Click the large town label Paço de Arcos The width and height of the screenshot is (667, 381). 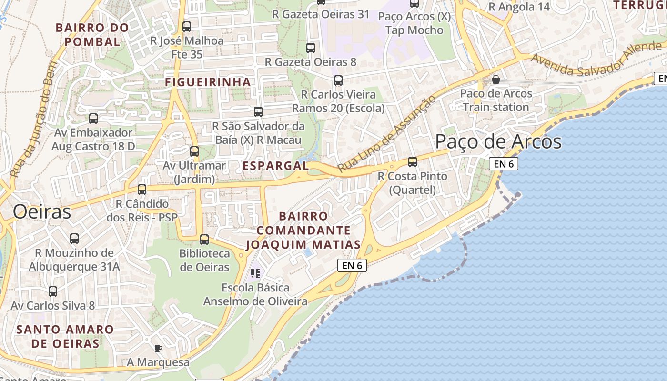pyautogui.click(x=498, y=142)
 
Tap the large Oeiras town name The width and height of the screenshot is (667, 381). pyautogui.click(x=42, y=211)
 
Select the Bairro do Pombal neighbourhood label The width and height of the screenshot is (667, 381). pyautogui.click(x=92, y=35)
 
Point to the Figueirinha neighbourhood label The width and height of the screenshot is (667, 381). pyautogui.click(x=208, y=82)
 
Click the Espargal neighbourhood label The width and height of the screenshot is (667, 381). pyautogui.click(x=276, y=166)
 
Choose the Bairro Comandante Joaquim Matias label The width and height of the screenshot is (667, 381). pyautogui.click(x=303, y=231)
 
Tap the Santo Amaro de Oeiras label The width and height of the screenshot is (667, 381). pyautogui.click(x=65, y=336)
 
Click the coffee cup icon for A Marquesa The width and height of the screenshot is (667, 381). pyautogui.click(x=158, y=348)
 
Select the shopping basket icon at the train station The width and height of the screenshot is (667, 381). pyautogui.click(x=496, y=79)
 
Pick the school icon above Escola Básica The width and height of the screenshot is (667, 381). pyautogui.click(x=255, y=273)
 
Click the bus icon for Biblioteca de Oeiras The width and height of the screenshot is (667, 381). pyautogui.click(x=204, y=239)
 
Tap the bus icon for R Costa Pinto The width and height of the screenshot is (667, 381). pyautogui.click(x=413, y=162)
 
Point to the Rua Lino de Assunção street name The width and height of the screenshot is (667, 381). pyautogui.click(x=386, y=134)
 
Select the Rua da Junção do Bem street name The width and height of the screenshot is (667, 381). pyautogui.click(x=33, y=126)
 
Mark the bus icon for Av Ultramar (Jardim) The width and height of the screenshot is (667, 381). pyautogui.click(x=194, y=151)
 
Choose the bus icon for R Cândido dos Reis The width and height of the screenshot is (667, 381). pyautogui.click(x=142, y=189)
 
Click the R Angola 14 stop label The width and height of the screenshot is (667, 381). pyautogui.click(x=519, y=7)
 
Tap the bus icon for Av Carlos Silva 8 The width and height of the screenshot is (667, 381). pyautogui.click(x=53, y=291)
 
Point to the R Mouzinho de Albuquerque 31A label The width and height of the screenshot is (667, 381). pyautogui.click(x=74, y=260)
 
